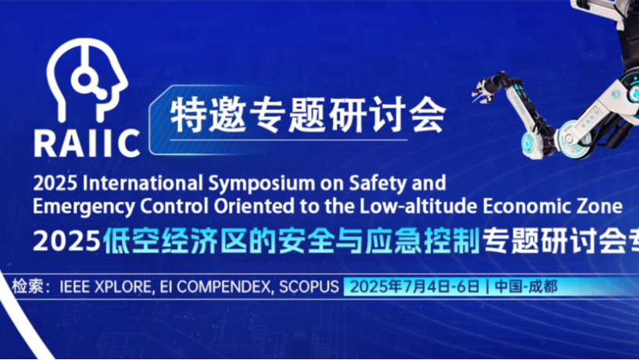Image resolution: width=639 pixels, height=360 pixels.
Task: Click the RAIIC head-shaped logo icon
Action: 87,80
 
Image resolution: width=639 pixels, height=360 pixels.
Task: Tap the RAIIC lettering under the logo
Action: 87,144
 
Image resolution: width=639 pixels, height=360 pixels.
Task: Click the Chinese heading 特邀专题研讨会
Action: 308,116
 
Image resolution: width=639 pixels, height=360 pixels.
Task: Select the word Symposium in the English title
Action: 262,184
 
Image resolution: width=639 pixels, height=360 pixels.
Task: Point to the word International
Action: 143,184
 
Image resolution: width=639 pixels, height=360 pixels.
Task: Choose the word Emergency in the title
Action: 84,207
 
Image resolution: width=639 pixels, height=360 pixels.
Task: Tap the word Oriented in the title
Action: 254,206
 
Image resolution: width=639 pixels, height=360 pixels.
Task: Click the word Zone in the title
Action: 600,206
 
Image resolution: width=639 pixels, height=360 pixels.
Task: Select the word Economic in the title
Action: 528,206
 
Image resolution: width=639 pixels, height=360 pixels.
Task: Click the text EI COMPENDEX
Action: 216,287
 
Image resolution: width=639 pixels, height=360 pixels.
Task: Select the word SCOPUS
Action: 309,287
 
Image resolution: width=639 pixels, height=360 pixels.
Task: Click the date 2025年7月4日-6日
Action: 415,287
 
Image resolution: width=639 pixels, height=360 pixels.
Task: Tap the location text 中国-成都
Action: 526,287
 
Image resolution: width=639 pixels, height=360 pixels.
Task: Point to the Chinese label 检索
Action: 27,287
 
